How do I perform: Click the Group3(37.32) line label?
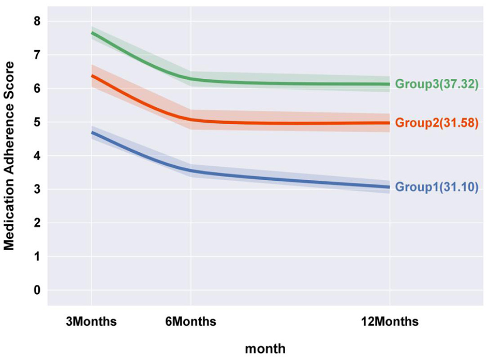436,84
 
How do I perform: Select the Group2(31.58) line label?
436,123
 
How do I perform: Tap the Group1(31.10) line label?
436,187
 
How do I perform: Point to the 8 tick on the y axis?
36,21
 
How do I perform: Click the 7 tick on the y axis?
36,55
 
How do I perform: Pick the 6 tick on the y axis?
36,89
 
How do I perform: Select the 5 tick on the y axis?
36,122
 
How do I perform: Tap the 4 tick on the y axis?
36,156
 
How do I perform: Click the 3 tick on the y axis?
36,190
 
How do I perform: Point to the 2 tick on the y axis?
36,223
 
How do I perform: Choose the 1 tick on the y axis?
36,257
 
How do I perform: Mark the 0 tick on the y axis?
36,290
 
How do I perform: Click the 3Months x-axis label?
92,322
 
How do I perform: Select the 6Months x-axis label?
191,322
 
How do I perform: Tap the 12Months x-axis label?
390,322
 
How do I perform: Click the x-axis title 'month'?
264,349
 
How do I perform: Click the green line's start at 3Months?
92,33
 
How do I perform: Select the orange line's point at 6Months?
191,119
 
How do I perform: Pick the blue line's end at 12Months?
389,187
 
